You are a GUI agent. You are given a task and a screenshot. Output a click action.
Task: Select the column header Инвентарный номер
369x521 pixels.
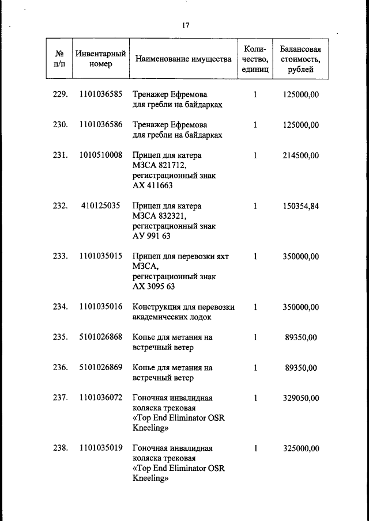[x=101, y=59]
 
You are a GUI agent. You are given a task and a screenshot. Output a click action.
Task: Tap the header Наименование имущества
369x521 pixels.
[x=183, y=59]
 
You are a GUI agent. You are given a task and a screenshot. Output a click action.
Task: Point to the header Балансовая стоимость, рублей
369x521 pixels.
[x=300, y=59]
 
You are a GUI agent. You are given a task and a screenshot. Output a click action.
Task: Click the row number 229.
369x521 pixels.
[x=60, y=94]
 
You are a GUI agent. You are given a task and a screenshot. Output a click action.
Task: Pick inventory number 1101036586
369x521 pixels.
[x=101, y=124]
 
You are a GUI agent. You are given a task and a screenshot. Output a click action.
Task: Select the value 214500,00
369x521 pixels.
[x=300, y=155]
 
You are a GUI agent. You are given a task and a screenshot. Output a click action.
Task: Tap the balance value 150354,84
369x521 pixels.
[x=300, y=206]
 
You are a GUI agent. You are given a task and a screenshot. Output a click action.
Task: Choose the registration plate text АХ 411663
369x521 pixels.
[x=153, y=186]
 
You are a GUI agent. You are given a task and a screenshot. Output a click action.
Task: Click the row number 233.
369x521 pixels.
[x=60, y=256]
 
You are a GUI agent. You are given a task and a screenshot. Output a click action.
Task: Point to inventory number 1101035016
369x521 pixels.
[x=101, y=307]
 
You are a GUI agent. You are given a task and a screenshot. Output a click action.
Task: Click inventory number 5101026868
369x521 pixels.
[x=101, y=337]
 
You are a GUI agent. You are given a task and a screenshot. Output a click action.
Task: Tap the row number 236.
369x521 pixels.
[x=60, y=368]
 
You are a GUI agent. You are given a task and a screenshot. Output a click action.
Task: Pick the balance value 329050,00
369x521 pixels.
[x=300, y=398]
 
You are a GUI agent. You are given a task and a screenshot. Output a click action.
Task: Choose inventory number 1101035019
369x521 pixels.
[x=101, y=448]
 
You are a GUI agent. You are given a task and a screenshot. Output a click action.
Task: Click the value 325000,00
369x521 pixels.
[x=300, y=448]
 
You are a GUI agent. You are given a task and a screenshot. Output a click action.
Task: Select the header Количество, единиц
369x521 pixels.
[x=255, y=59]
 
